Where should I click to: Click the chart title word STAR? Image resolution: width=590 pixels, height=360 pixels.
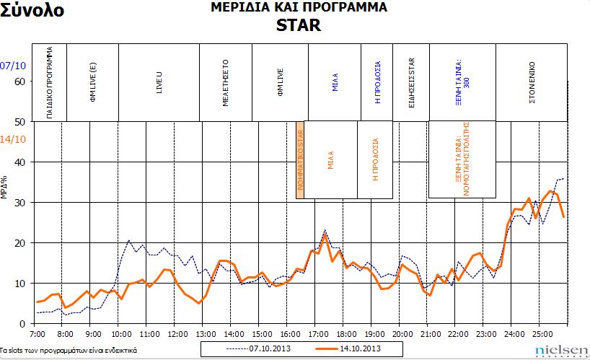tap(299, 25)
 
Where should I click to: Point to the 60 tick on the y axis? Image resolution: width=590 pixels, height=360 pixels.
tap(19, 82)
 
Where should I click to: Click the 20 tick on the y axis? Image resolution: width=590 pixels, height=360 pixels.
tap(19, 243)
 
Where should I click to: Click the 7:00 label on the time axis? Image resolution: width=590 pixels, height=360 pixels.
tap(38, 335)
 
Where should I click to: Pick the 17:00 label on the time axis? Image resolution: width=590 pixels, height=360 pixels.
tap(318, 335)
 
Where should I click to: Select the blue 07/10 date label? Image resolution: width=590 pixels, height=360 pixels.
tap(12, 66)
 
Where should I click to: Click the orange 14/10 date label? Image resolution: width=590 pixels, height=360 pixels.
tap(12, 139)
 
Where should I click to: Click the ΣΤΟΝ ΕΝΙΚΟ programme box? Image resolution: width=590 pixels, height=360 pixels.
tap(532, 82)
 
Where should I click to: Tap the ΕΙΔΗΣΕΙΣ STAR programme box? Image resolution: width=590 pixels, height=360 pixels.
tap(411, 82)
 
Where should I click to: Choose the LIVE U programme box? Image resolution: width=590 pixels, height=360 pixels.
tap(159, 82)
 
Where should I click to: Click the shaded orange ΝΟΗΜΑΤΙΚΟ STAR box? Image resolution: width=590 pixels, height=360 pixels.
tap(301, 159)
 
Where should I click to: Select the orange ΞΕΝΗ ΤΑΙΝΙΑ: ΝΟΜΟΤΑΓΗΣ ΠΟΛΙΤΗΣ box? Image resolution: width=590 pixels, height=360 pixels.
tap(462, 159)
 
